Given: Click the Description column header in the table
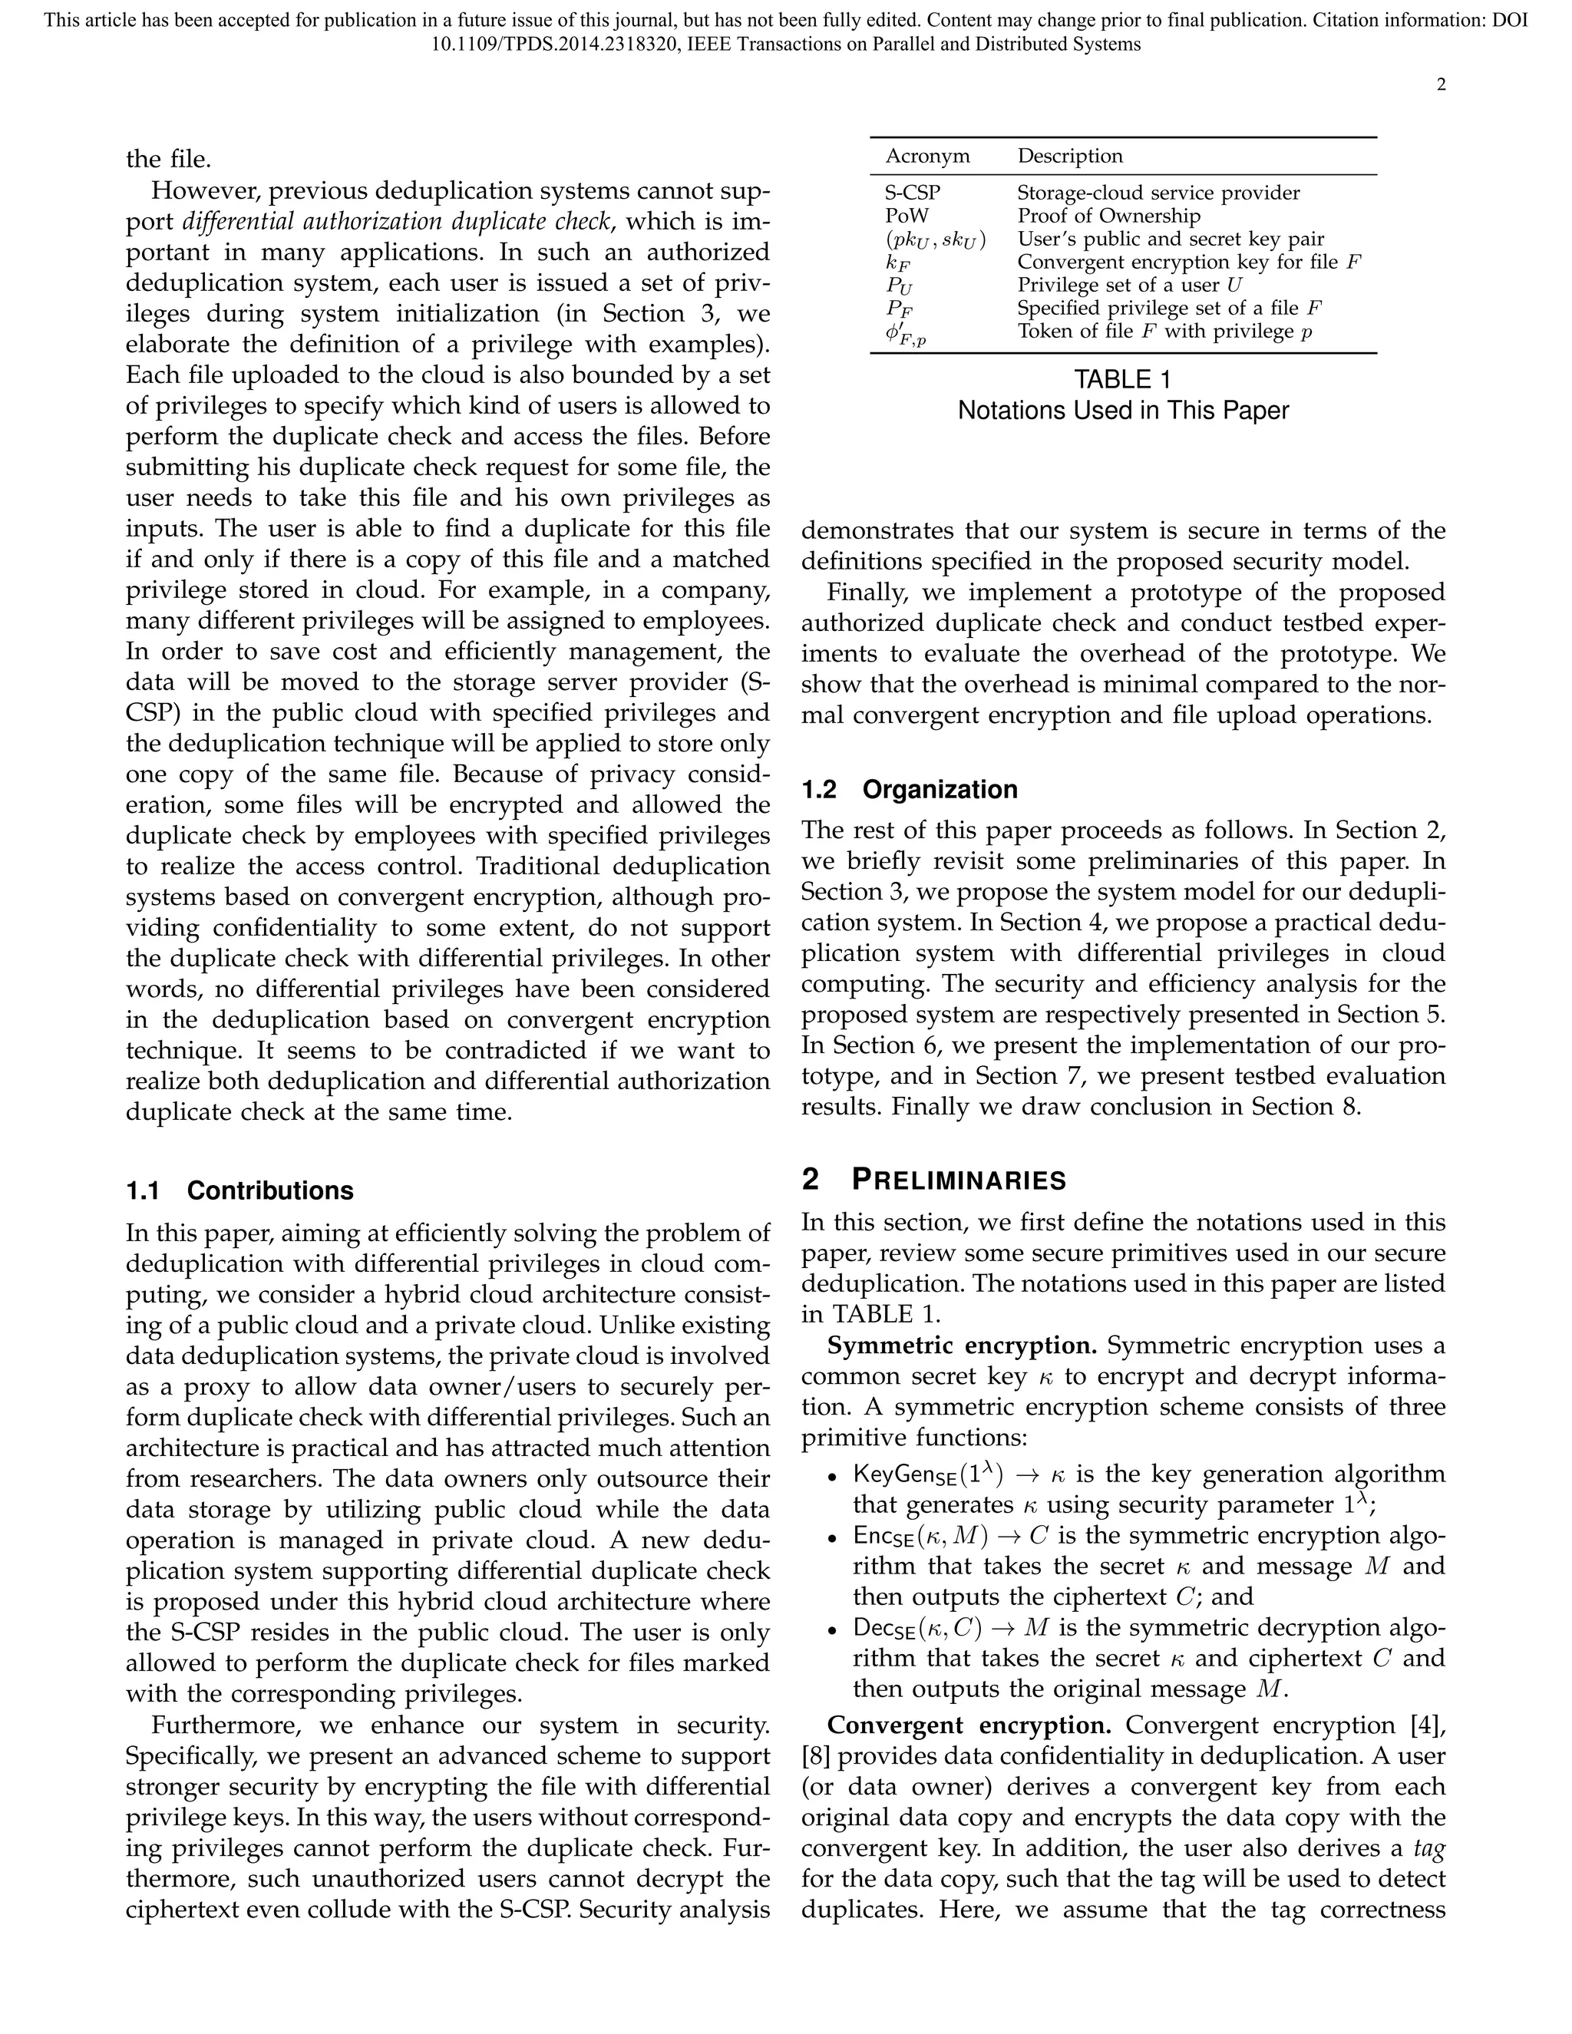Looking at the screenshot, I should point(1069,157).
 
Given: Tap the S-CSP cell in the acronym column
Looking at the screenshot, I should point(913,193).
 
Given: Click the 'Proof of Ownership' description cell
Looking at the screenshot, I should point(1108,216).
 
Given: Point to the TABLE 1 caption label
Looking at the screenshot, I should point(1122,380).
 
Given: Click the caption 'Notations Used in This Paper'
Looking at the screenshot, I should point(1122,411).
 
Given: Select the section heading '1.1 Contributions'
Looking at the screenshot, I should point(239,1191).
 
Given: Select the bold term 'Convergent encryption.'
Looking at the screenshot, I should point(969,1725).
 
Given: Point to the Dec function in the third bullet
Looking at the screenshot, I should point(886,1629).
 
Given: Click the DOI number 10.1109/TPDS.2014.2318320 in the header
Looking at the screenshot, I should point(555,45).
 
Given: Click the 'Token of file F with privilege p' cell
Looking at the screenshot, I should point(1164,332).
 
